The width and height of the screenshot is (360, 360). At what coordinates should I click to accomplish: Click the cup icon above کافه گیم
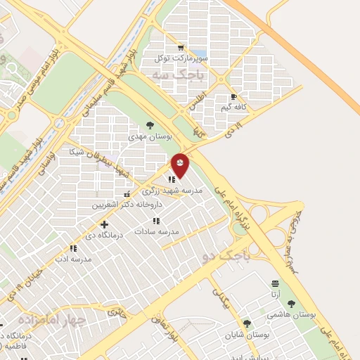click(233, 97)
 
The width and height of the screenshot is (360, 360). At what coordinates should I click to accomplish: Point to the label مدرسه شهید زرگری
click(172, 191)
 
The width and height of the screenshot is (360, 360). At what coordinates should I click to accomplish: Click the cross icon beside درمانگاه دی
click(105, 224)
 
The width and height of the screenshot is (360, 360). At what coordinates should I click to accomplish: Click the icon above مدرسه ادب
click(72, 248)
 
